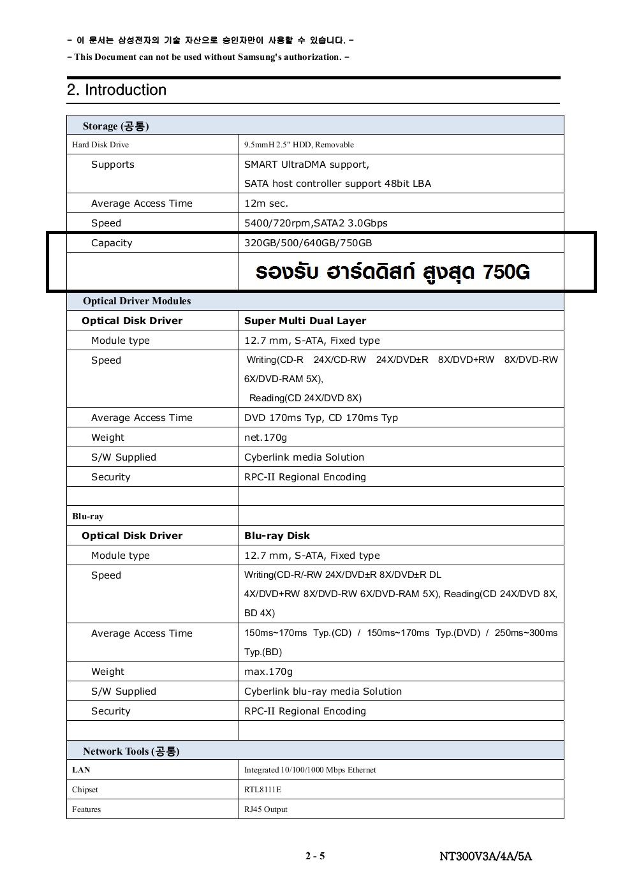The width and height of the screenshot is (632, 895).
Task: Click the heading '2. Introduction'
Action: [x=117, y=90]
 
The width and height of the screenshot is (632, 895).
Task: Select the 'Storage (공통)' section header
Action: [x=115, y=126]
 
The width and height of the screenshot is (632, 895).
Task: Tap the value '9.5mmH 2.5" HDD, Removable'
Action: [x=298, y=145]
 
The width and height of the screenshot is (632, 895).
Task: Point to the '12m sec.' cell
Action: [x=266, y=203]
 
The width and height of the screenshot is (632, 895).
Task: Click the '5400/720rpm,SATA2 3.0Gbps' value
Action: [x=316, y=223]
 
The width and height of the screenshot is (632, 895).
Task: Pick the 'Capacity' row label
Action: [x=112, y=243]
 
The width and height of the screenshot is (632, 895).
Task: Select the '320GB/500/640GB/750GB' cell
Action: [x=308, y=243]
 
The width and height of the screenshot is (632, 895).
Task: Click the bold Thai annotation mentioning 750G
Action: [x=392, y=272]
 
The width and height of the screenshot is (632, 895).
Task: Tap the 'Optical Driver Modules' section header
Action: [x=136, y=301]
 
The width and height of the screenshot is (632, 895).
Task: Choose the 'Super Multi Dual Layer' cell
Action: [x=305, y=321]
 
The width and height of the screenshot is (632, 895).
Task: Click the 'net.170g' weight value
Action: [x=265, y=438]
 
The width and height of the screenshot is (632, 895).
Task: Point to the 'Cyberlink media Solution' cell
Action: [x=304, y=457]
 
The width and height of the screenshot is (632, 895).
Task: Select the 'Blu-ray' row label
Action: [x=87, y=516]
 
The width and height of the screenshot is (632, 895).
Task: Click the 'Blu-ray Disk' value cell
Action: [x=277, y=536]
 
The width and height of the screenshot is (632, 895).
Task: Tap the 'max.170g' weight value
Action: [x=268, y=672]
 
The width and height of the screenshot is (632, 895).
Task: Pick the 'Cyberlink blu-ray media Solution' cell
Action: [x=323, y=692]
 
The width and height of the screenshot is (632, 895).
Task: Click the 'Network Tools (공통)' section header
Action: [x=131, y=751]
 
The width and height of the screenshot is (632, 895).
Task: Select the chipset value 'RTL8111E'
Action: [x=263, y=790]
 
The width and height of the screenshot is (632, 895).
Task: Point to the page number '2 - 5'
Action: [x=315, y=856]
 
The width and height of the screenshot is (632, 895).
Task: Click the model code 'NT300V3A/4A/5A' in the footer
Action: [x=485, y=856]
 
